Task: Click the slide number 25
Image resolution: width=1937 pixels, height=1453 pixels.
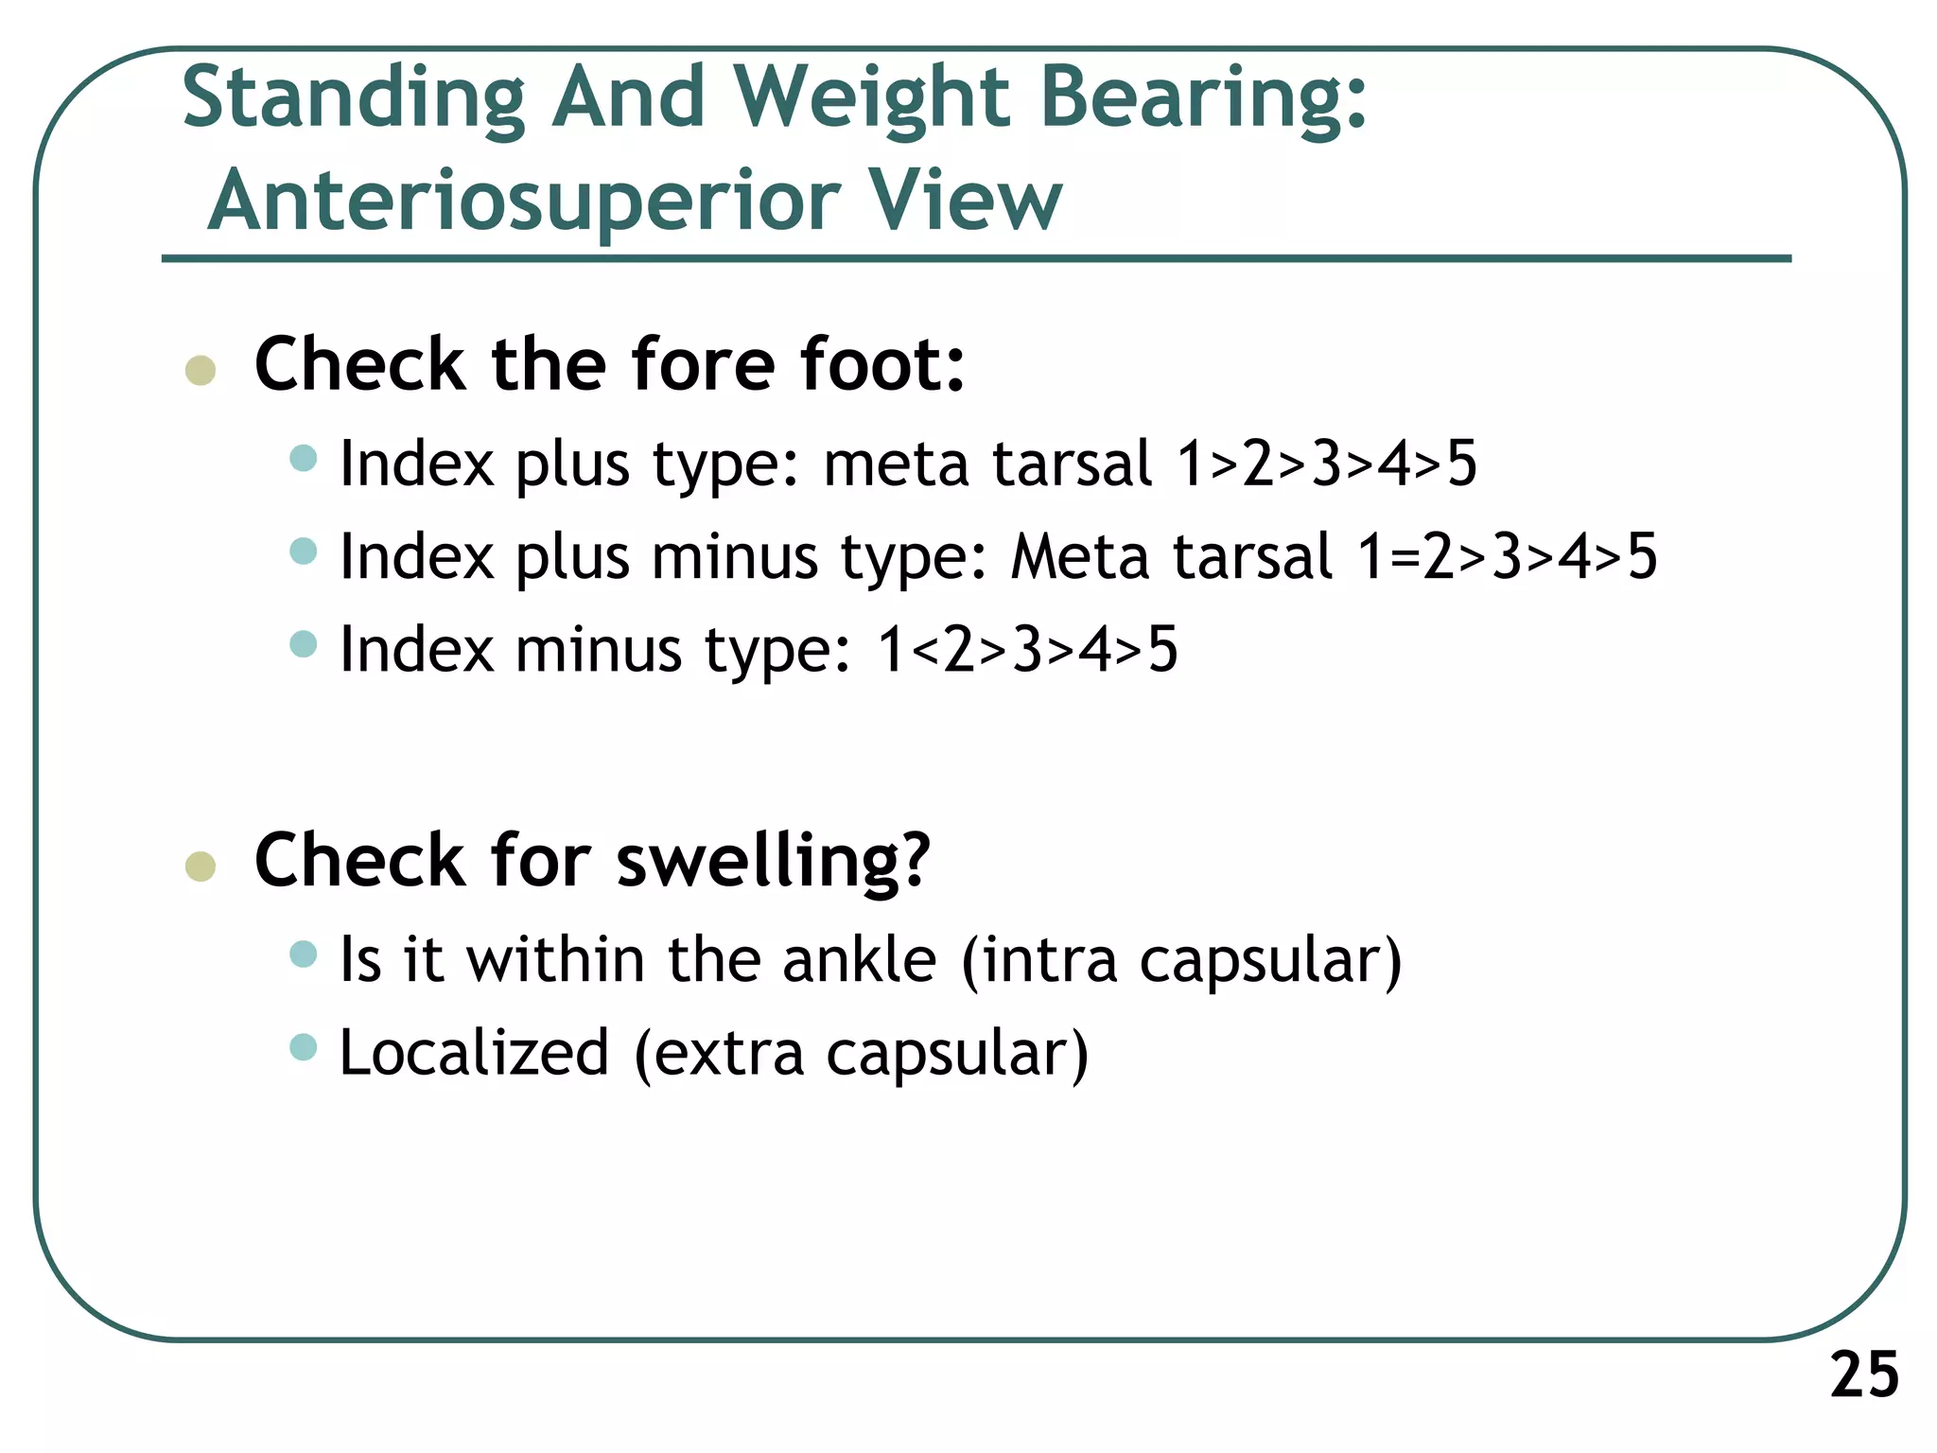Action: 1863,1374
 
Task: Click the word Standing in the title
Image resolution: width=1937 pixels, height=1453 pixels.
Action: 353,98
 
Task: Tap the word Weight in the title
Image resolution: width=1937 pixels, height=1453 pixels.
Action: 872,98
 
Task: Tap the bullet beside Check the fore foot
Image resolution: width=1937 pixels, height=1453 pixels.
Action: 201,370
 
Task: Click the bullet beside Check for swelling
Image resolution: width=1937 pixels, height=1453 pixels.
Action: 201,866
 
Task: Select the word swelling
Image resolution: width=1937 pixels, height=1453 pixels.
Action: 773,862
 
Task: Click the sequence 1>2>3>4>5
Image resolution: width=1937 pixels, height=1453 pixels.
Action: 1326,464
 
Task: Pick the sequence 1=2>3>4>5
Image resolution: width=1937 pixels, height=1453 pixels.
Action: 1507,557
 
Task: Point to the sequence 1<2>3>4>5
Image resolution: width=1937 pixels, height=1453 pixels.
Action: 1027,651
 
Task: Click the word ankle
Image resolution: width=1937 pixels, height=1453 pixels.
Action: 860,960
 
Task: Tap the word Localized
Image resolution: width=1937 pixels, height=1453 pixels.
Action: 474,1053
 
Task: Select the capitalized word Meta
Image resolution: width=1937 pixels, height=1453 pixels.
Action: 1078,557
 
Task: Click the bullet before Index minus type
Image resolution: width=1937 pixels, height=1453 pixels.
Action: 304,645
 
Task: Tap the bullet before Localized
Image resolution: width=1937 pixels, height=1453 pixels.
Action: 304,1047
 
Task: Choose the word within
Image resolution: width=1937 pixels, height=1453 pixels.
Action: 556,960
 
